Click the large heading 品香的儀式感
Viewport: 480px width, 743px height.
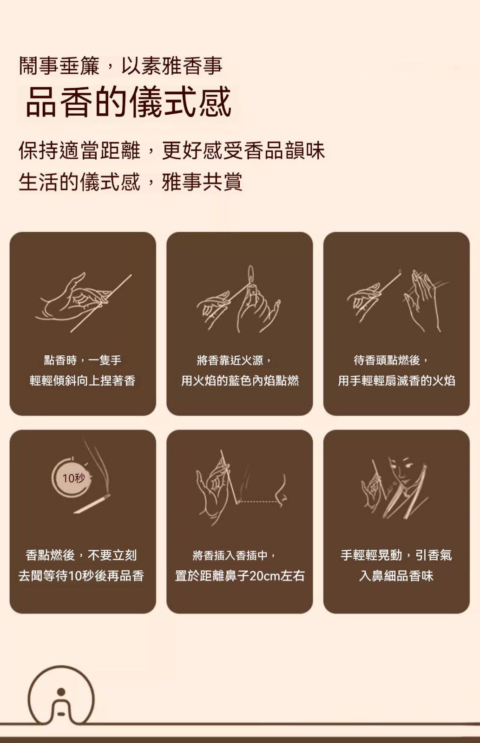coord(128,102)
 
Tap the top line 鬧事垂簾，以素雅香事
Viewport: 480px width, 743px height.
coord(120,65)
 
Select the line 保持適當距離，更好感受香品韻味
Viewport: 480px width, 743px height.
coord(171,150)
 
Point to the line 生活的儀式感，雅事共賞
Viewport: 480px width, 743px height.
coord(131,182)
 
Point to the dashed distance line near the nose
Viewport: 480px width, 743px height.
coord(257,502)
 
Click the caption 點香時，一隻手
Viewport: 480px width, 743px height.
coord(83,360)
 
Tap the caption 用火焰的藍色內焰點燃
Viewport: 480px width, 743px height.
coord(240,380)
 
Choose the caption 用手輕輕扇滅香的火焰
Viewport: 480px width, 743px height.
coord(396,380)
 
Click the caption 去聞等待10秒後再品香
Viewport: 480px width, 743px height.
coord(81,575)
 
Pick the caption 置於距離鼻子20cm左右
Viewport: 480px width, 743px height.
coord(240,575)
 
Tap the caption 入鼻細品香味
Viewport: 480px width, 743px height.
coord(396,575)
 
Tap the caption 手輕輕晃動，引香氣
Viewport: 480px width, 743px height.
coord(396,555)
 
